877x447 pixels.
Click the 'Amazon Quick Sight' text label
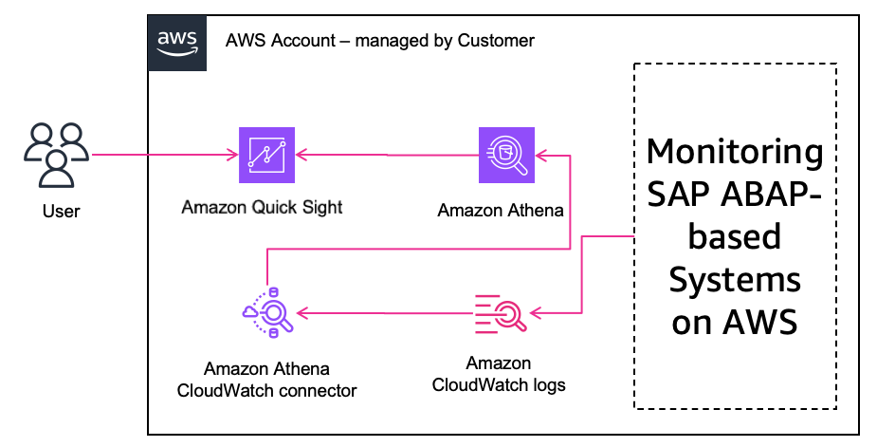263,207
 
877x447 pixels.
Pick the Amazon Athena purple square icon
506,155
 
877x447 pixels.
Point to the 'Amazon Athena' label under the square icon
501,211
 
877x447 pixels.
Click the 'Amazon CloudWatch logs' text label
499,374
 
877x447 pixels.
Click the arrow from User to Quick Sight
161,155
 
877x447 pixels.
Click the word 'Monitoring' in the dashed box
735,151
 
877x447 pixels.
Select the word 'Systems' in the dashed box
735,280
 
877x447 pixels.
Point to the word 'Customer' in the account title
496,41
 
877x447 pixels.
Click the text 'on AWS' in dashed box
735,323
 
